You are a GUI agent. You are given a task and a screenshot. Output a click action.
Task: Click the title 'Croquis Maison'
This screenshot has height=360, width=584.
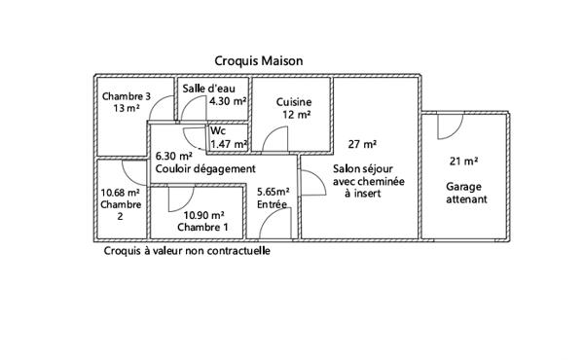(x=258, y=60)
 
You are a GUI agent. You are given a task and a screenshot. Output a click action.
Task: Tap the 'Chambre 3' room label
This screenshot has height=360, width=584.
(x=126, y=96)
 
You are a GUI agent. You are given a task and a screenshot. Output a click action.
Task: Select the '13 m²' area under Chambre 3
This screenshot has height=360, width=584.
(x=126, y=109)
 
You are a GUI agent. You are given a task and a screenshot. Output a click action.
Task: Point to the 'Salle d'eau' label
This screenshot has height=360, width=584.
(x=208, y=89)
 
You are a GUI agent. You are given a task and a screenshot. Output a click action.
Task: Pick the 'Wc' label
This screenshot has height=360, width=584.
(x=218, y=130)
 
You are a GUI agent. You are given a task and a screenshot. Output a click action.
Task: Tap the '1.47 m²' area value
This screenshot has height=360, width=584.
(x=229, y=143)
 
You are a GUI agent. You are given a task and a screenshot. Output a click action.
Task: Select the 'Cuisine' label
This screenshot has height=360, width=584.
(x=293, y=101)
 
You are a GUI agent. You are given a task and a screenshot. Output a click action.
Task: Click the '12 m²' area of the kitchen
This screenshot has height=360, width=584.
(x=296, y=114)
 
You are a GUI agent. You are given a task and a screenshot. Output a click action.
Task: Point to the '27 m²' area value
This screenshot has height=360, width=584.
(x=362, y=144)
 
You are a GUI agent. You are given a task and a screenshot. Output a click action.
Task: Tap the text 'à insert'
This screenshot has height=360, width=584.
(x=363, y=193)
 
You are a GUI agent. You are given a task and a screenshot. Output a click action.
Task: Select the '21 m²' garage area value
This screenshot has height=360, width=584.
(x=462, y=162)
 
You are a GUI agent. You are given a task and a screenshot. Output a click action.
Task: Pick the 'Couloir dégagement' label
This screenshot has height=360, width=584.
(x=205, y=168)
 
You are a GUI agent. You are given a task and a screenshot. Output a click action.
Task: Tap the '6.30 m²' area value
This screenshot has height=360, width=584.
(x=173, y=156)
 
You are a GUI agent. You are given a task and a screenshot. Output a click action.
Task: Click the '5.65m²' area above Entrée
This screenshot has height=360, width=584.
(x=276, y=193)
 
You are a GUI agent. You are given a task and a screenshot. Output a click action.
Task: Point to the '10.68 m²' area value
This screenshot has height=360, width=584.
(x=121, y=193)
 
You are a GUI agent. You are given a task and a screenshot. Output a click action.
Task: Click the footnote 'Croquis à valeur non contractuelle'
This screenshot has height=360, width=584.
(x=186, y=250)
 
